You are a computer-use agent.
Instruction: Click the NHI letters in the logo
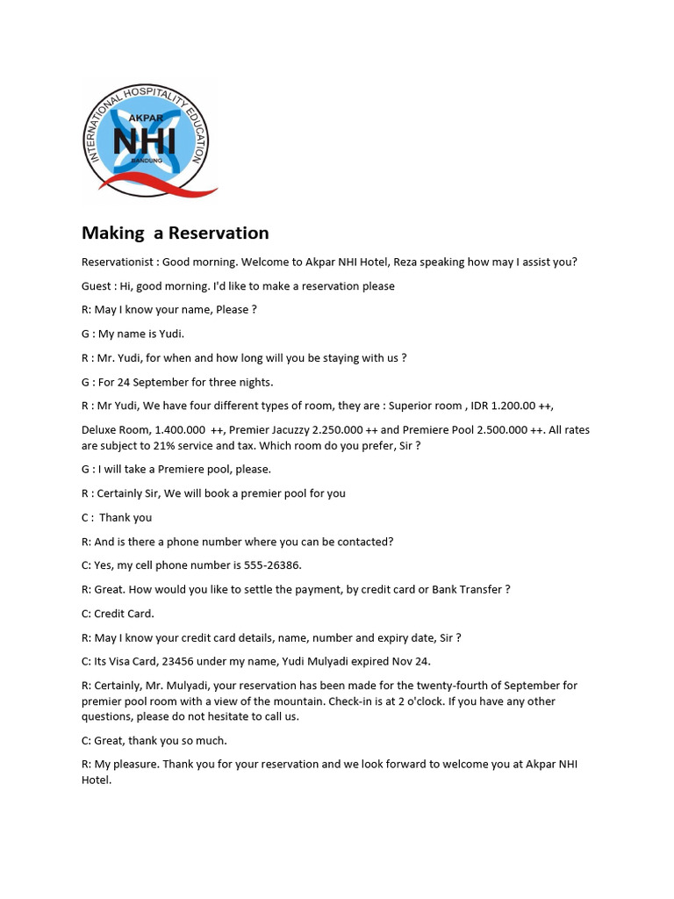coord(144,140)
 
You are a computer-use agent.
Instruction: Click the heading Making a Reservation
coord(175,233)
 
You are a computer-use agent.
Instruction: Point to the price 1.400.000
coord(180,430)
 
